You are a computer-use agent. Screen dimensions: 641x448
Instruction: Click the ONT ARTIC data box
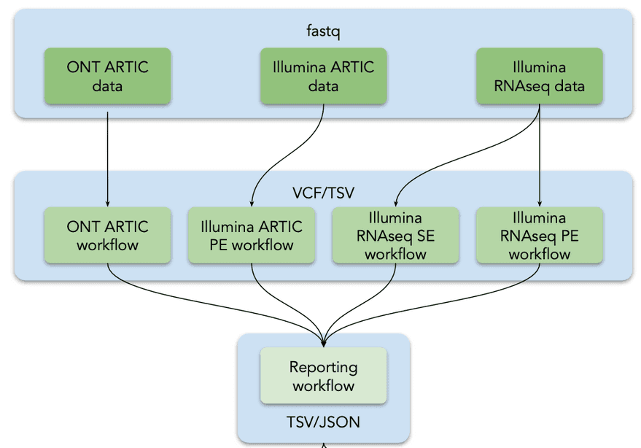107,76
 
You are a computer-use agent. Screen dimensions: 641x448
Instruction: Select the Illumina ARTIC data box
323,76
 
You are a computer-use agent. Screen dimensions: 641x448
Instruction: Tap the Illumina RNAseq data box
539,76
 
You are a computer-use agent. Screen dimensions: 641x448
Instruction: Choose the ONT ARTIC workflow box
107,235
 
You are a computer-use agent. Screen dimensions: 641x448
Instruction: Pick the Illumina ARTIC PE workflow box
252,235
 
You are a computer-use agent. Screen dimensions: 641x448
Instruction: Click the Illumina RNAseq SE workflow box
395,235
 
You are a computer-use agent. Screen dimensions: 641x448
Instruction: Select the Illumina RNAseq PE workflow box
539,235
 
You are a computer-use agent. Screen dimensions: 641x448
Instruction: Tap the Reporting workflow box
323,376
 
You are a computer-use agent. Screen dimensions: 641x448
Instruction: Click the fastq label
323,31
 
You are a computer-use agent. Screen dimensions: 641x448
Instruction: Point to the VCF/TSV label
323,193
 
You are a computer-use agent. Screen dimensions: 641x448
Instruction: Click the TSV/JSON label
323,422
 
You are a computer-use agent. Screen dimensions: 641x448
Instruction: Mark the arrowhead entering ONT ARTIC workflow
107,204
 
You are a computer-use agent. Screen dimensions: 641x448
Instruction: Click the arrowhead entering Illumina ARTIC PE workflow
252,204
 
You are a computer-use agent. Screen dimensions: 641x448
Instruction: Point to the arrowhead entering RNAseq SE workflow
395,204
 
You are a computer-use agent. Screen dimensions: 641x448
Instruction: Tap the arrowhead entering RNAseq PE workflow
540,204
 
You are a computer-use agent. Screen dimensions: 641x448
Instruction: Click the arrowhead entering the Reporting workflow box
323,344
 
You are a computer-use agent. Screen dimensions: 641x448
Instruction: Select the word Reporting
323,368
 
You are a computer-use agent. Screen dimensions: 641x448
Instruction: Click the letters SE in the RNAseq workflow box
426,236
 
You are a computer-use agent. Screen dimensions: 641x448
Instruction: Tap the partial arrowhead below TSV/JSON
323,446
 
